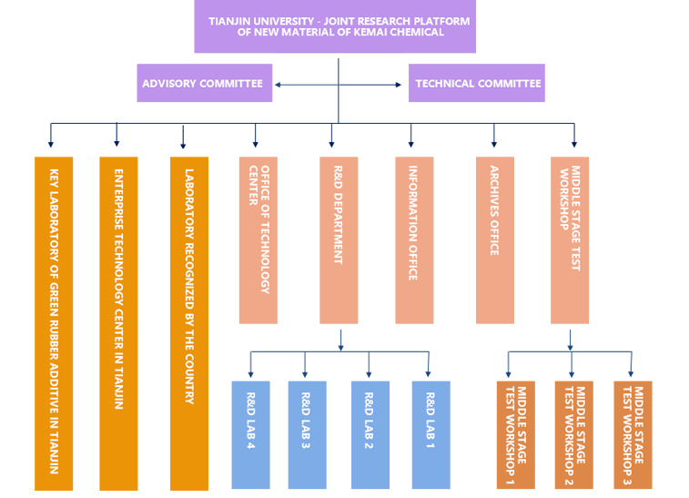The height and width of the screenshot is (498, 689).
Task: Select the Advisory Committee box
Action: (205, 83)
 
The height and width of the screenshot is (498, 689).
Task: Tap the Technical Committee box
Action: (476, 83)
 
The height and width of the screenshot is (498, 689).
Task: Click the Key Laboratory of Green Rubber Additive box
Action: (54, 323)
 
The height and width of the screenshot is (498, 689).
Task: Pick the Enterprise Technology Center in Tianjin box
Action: (118, 323)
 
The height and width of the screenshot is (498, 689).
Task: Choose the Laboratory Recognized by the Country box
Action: (189, 323)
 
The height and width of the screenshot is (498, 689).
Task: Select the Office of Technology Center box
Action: (258, 240)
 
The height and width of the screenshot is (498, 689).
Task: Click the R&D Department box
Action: (339, 240)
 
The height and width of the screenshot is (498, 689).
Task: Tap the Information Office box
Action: (414, 240)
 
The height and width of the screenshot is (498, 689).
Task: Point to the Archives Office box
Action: (494, 240)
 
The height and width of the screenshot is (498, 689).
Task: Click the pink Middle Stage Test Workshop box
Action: (576, 240)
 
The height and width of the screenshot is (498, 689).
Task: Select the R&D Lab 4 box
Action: (250, 434)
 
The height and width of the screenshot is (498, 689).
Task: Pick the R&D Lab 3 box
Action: (307, 434)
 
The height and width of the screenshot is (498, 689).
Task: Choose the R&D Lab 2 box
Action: (370, 434)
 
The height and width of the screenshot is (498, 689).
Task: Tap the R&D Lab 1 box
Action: (431, 434)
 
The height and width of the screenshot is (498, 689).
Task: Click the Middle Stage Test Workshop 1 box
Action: (515, 434)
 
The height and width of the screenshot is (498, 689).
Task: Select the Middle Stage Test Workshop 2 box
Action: (573, 434)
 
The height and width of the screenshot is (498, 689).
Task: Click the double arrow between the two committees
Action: (339, 85)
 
